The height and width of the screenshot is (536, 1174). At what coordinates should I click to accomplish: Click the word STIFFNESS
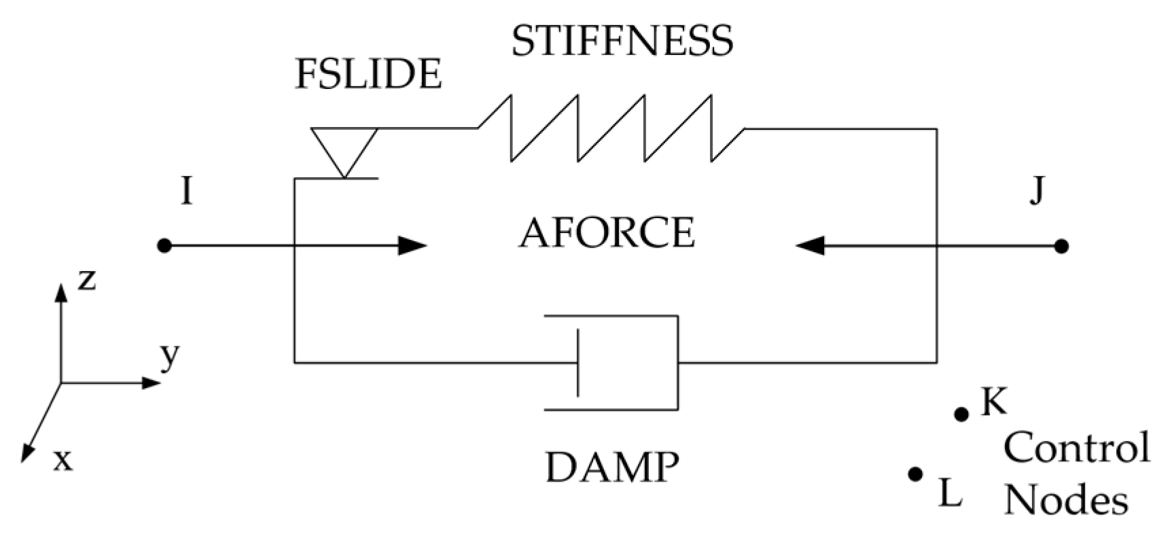(x=622, y=41)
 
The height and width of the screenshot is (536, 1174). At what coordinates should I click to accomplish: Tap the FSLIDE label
(x=368, y=74)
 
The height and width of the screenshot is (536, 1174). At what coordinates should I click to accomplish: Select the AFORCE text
(x=607, y=233)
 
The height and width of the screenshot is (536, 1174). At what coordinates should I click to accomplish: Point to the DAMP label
(x=612, y=467)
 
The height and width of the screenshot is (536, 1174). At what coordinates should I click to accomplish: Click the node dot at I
(x=164, y=246)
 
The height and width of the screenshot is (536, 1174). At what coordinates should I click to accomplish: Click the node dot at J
(x=1061, y=246)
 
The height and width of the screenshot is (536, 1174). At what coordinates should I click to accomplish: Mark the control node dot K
(x=961, y=414)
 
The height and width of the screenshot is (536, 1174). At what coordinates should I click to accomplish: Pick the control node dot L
(x=915, y=474)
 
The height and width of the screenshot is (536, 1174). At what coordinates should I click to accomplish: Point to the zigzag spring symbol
(x=611, y=128)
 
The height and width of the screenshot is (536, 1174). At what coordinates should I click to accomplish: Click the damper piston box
(x=625, y=363)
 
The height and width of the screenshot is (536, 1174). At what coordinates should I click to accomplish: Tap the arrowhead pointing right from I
(x=412, y=246)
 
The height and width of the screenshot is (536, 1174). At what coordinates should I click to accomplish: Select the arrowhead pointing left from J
(x=810, y=246)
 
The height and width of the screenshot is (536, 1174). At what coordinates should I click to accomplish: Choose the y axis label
(x=170, y=355)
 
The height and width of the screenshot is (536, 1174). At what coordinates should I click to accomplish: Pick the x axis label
(x=63, y=461)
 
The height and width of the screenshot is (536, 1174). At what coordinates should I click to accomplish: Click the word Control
(x=1077, y=448)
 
